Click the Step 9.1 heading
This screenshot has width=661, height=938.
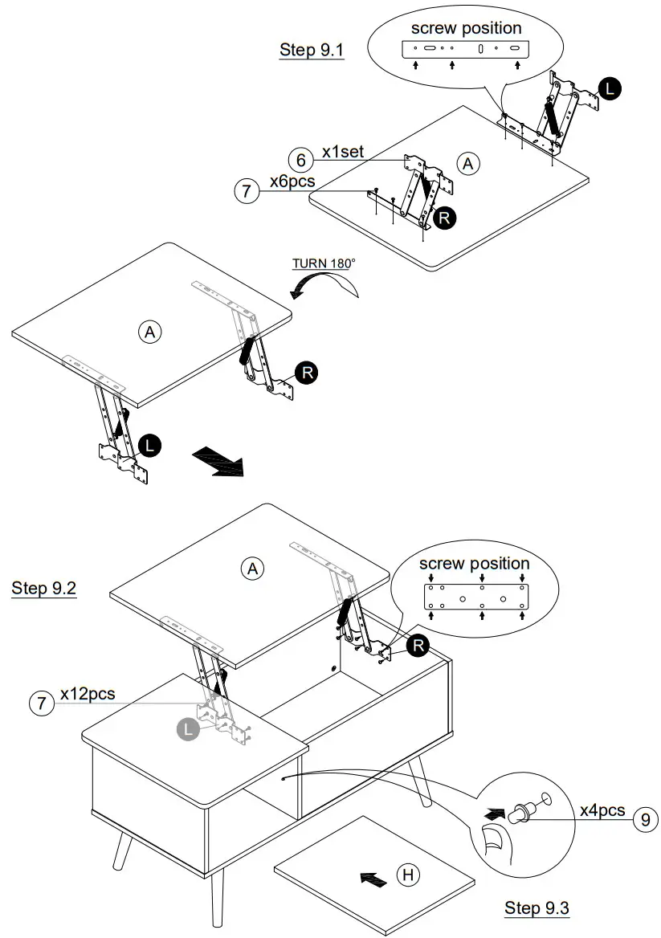click(312, 50)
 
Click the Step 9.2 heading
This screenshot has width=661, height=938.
click(44, 588)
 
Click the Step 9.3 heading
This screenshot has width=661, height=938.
click(537, 908)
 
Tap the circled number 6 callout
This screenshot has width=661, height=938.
click(301, 160)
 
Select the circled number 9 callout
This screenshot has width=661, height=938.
click(643, 820)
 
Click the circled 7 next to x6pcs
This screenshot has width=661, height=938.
click(247, 191)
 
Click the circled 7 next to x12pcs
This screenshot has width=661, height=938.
click(39, 704)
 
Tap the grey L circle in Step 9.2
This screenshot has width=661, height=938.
click(188, 729)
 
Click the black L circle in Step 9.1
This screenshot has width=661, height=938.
click(610, 89)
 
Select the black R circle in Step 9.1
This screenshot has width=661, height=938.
click(443, 217)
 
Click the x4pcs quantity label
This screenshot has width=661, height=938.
click(602, 810)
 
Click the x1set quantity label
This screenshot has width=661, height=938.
click(345, 152)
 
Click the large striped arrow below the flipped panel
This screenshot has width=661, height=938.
click(218, 463)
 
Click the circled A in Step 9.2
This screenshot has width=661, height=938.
click(252, 569)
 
